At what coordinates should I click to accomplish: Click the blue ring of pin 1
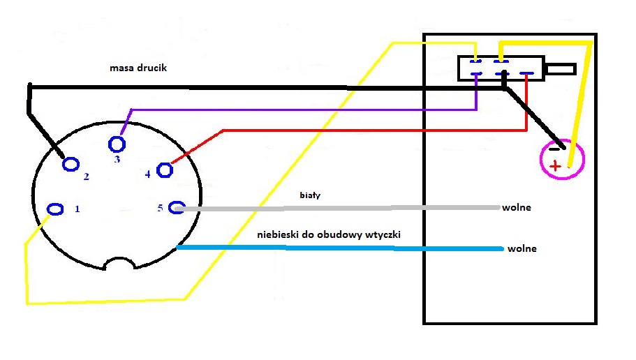(47, 209)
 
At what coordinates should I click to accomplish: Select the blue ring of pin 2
(64, 165)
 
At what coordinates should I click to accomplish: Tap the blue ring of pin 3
(109, 144)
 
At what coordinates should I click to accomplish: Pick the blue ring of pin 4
(157, 170)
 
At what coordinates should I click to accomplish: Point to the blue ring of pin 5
(169, 208)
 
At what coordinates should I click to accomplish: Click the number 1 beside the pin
(77, 209)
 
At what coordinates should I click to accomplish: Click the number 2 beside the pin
(86, 177)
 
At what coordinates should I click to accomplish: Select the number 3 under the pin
(117, 159)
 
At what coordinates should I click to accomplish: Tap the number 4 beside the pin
(147, 174)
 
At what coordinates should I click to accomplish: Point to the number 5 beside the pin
(160, 208)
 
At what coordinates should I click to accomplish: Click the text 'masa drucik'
(138, 68)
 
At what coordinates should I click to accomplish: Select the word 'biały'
(310, 195)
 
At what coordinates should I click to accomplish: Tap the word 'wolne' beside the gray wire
(517, 208)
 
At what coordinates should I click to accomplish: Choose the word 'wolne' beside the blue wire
(522, 248)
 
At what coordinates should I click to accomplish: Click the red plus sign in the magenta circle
(555, 166)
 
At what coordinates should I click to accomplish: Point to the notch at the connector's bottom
(119, 264)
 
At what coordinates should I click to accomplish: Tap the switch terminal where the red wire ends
(526, 73)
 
